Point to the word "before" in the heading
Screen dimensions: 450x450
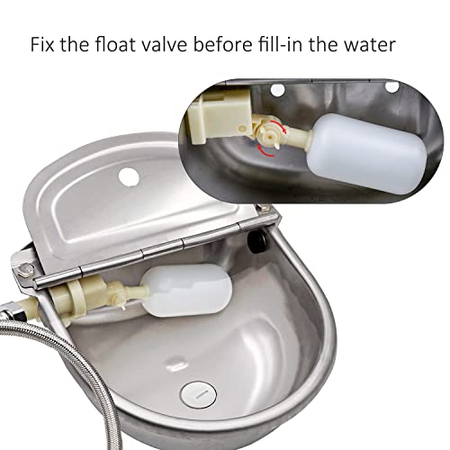tap(233, 44)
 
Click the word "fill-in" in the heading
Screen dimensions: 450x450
tap(296, 44)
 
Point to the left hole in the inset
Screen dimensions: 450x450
tap(278, 90)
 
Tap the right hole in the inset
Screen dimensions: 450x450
tap(391, 85)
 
